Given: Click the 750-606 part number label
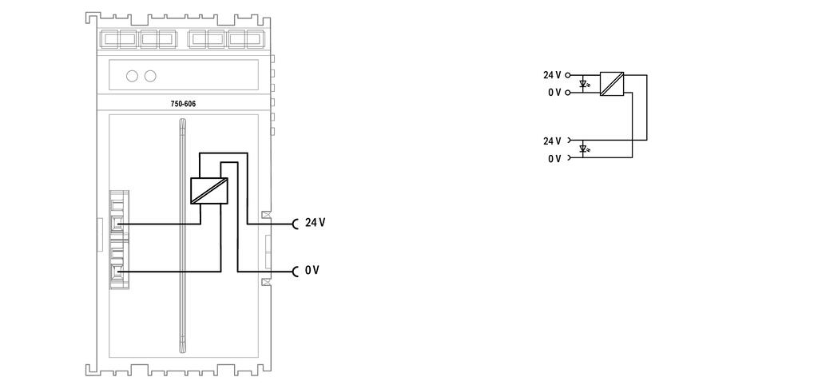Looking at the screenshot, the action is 183,105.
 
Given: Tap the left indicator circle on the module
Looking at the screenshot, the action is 132,76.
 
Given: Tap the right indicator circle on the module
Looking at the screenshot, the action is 150,76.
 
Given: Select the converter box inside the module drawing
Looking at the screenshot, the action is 209,190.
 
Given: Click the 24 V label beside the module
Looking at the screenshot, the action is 315,223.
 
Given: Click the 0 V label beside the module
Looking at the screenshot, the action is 312,270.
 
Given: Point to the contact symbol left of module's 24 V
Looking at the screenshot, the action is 296,224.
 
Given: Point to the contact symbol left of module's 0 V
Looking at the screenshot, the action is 296,271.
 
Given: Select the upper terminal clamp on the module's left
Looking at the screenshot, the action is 118,224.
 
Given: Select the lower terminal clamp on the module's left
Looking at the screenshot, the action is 118,272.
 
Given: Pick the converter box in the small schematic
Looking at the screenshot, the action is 611,84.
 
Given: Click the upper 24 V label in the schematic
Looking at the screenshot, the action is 552,75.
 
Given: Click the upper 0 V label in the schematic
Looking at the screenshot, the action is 554,93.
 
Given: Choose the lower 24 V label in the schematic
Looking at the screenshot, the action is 552,141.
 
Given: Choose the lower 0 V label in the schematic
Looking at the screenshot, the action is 554,158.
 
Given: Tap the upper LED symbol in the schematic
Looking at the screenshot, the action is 584,83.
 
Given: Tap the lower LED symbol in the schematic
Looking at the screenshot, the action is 584,149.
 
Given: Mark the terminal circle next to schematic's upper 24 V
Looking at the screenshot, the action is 568,75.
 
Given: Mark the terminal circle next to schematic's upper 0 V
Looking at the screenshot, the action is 568,93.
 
